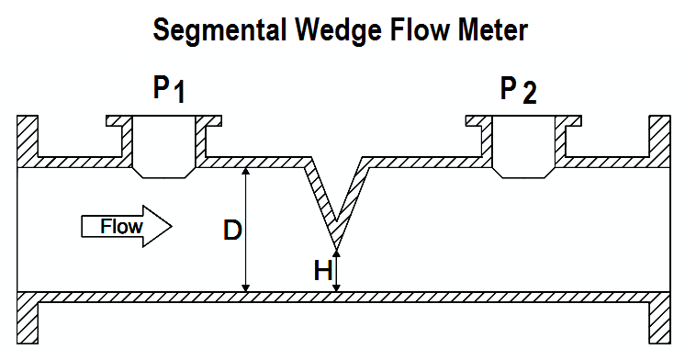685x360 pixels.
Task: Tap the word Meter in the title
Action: coord(492,30)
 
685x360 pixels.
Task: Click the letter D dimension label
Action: coord(232,231)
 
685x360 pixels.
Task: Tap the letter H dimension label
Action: coord(322,271)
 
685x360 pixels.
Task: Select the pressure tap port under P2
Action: coord(523,147)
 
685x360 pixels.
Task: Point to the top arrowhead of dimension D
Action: coord(245,172)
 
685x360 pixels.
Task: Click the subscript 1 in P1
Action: coord(180,95)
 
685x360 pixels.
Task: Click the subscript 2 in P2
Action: coord(530,95)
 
